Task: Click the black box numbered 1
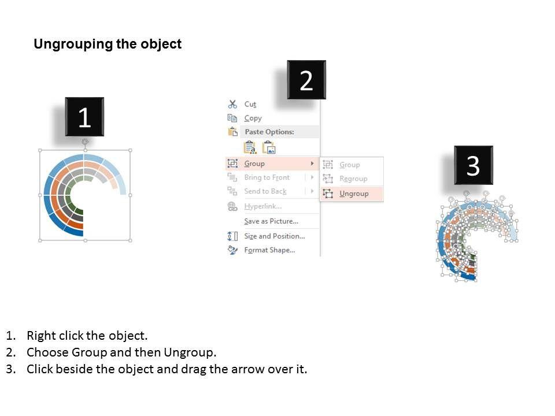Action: click(x=84, y=117)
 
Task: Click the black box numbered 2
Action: click(x=306, y=80)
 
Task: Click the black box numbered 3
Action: click(x=473, y=165)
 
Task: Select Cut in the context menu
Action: click(x=250, y=105)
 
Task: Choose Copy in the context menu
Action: click(x=253, y=118)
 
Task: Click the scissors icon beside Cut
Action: click(x=232, y=104)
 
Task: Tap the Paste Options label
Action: click(x=269, y=132)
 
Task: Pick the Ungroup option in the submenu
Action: click(x=354, y=194)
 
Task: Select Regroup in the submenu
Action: click(x=353, y=179)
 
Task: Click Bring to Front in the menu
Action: click(x=267, y=177)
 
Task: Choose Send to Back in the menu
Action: click(x=265, y=191)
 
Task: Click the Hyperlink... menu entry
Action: click(x=263, y=206)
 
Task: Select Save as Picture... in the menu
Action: click(x=271, y=221)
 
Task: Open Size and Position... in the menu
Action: click(x=274, y=236)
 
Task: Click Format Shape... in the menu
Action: click(x=269, y=250)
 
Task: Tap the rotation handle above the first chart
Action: click(x=85, y=142)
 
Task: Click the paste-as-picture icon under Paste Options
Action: click(x=269, y=147)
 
